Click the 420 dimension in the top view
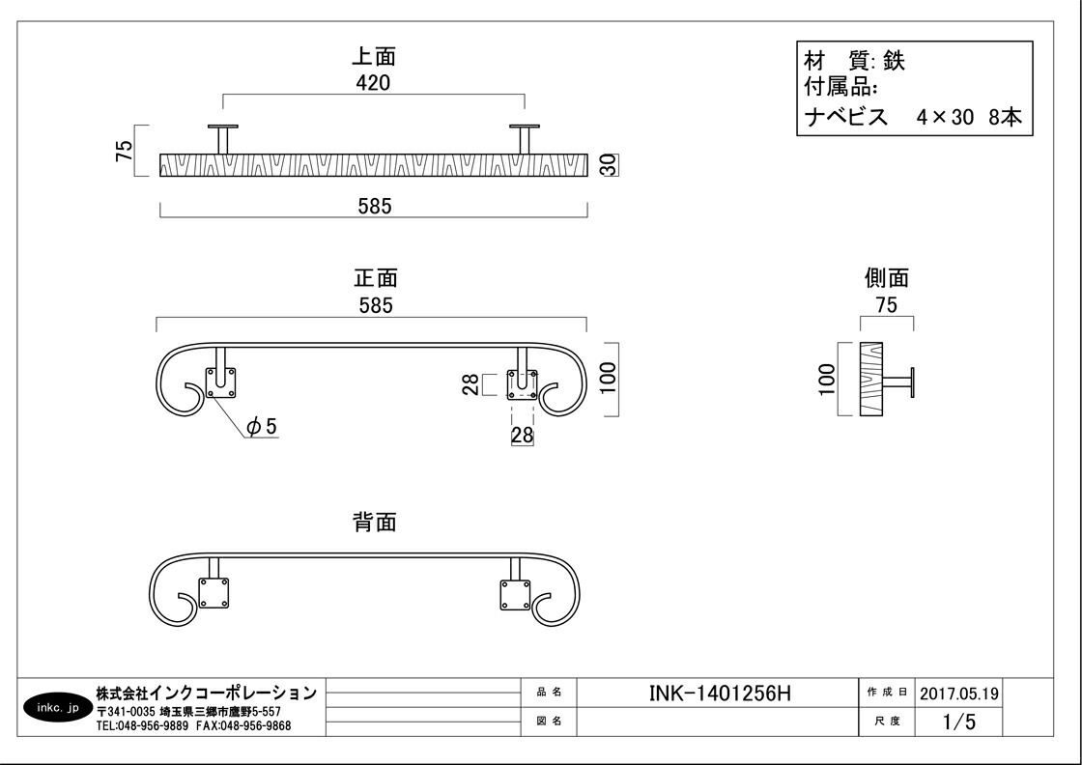373,83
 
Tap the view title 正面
375,278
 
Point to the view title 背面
374,523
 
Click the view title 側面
886,278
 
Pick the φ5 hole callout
261,426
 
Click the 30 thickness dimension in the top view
609,165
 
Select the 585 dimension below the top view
374,206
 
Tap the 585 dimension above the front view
375,306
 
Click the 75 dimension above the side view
886,305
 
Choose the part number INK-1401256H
721,693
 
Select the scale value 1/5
951,722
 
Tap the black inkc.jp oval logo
55,708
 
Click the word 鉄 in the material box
894,60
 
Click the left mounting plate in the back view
214,593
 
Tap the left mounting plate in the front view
223,383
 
